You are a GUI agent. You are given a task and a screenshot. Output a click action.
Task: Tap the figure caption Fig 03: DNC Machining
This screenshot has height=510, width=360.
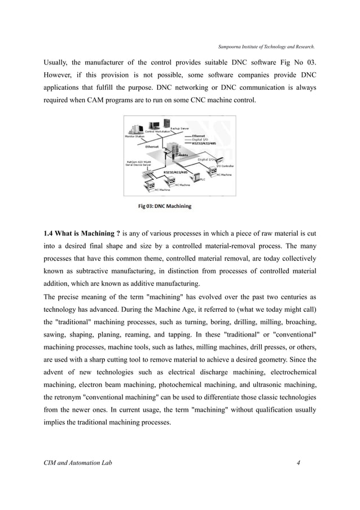[x=165, y=206]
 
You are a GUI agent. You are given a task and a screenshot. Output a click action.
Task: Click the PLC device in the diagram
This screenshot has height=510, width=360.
[x=196, y=176]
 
